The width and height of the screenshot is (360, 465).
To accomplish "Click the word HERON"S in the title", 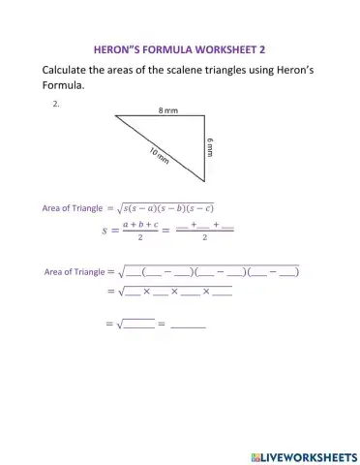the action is click(117, 46).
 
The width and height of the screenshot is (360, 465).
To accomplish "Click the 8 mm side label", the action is click(167, 111).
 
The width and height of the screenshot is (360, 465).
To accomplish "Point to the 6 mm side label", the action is click(210, 147).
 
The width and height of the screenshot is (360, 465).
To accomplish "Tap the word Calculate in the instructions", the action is click(70, 71).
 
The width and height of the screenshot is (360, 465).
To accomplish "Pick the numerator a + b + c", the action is click(139, 224).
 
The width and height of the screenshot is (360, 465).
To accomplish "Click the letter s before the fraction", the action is click(105, 230).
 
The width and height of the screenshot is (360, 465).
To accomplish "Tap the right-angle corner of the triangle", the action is click(204, 116).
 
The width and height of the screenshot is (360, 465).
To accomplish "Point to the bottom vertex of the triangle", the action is click(205, 181).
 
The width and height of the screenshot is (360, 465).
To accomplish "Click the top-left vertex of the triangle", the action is click(116, 116).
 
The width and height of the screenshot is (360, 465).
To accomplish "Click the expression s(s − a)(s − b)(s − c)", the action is click(165, 207).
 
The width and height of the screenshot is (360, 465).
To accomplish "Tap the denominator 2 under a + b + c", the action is click(140, 236).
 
